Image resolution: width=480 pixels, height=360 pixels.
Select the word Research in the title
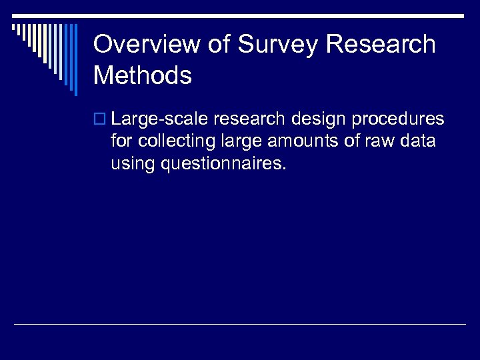[x=381, y=45]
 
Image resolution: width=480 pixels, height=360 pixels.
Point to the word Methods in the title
[x=143, y=75]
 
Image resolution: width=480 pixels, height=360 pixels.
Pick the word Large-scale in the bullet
[x=160, y=119]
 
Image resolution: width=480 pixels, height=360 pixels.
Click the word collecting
[x=171, y=141]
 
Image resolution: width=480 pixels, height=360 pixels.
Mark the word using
[x=134, y=164]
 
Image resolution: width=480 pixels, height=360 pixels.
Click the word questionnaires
[x=224, y=164]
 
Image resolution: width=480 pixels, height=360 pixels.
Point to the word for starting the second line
[x=121, y=141]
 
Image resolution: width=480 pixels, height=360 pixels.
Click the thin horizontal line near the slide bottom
[x=240, y=324]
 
